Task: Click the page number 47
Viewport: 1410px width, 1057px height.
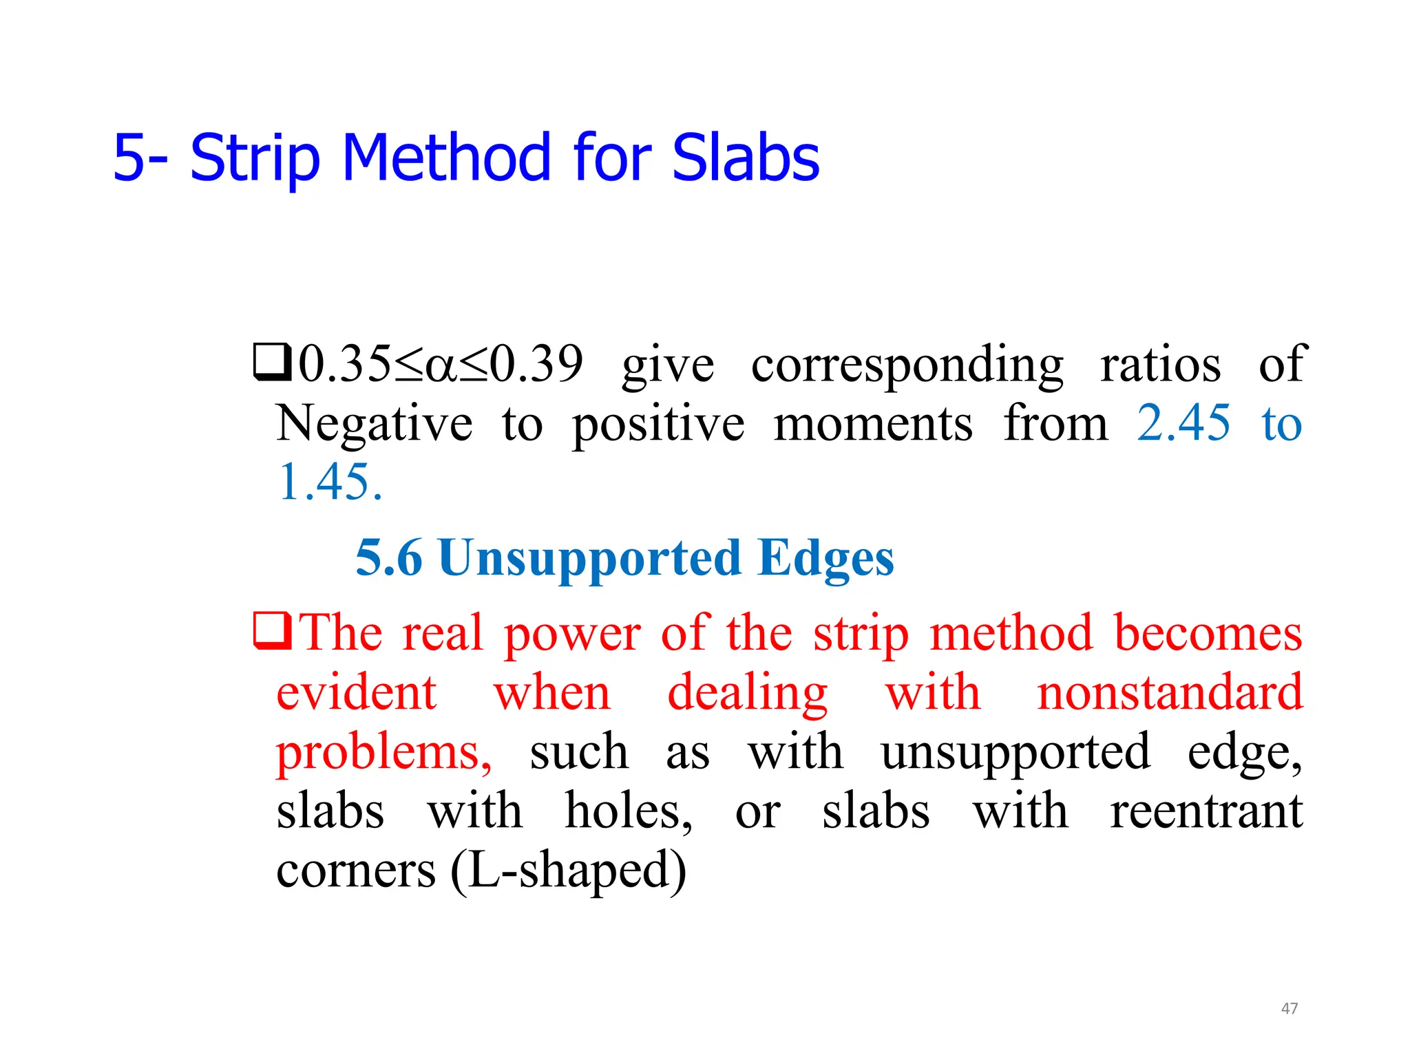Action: [1289, 1008]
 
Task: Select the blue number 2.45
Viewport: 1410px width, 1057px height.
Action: [1183, 423]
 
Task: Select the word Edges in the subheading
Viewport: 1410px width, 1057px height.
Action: [825, 558]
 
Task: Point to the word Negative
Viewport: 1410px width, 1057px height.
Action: [374, 423]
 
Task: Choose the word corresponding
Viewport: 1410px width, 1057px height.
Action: [907, 364]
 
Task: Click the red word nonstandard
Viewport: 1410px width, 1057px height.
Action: [1169, 692]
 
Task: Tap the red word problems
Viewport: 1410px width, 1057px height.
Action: [383, 752]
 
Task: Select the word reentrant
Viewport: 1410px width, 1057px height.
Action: [1206, 811]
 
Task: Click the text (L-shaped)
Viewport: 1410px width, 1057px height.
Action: [568, 871]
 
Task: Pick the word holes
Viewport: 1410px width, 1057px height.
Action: [628, 811]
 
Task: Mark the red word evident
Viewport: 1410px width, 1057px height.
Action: [356, 692]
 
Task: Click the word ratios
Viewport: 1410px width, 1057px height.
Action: [1160, 364]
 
